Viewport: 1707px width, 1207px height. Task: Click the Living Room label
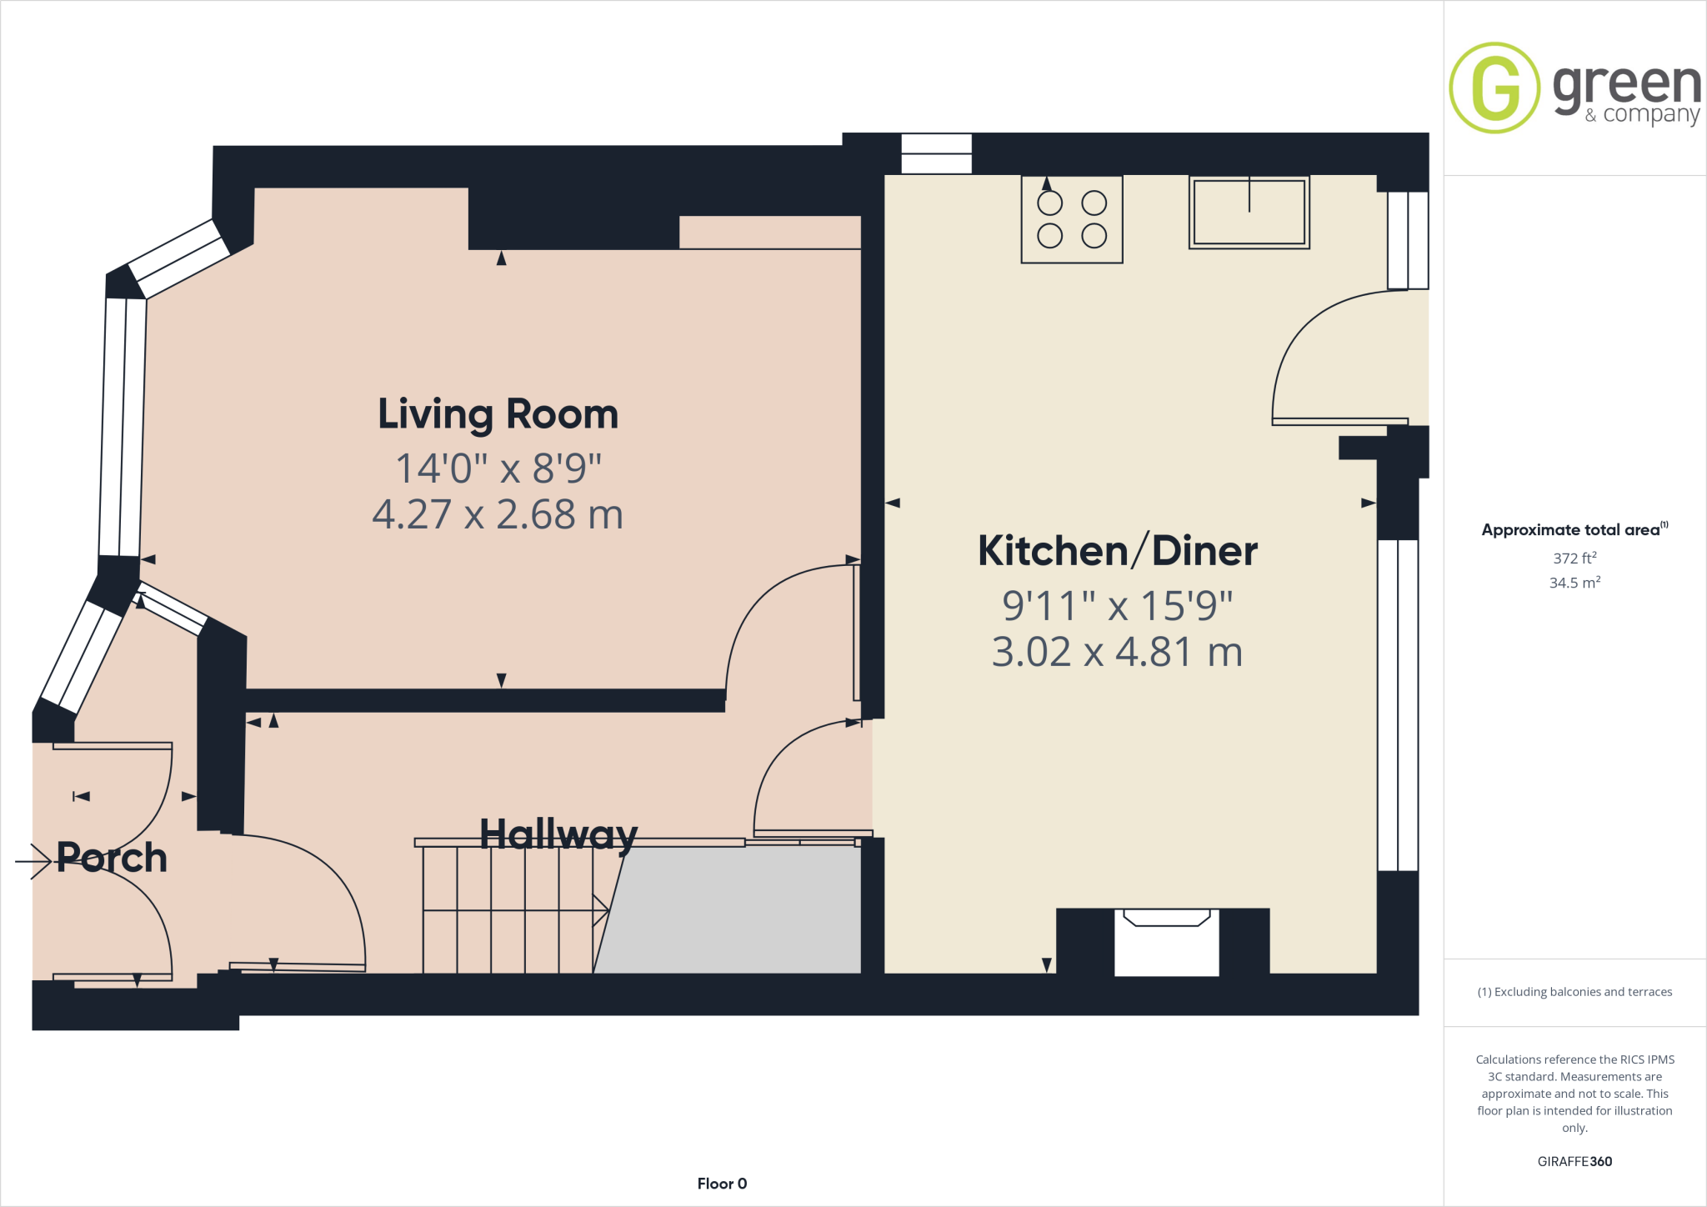498,414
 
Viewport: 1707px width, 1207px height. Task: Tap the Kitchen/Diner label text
1117,551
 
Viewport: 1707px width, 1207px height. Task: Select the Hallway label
558,834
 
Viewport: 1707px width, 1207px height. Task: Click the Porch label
112,858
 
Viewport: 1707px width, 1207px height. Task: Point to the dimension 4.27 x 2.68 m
498,514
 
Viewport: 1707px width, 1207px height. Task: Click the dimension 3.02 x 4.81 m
1117,652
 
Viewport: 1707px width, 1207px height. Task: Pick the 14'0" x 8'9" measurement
498,468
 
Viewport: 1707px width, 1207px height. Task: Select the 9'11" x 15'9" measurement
1117,606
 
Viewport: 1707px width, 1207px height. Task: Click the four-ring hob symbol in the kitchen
1072,219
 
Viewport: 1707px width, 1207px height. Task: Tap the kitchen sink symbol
1249,213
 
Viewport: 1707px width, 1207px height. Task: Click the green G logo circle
1494,88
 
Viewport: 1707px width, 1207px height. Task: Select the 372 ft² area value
1574,558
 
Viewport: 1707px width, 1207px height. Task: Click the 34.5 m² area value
1574,583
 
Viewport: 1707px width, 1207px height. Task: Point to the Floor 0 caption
722,1184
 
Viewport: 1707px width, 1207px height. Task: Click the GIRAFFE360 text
1574,1161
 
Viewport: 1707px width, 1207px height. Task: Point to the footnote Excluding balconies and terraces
1574,992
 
